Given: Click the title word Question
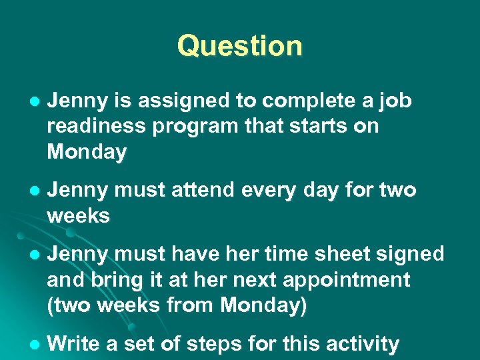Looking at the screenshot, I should tap(239, 46).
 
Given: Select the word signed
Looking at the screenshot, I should tap(408, 254).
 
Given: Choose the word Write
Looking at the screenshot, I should tap(73, 344).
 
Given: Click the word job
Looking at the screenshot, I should tap(397, 101).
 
